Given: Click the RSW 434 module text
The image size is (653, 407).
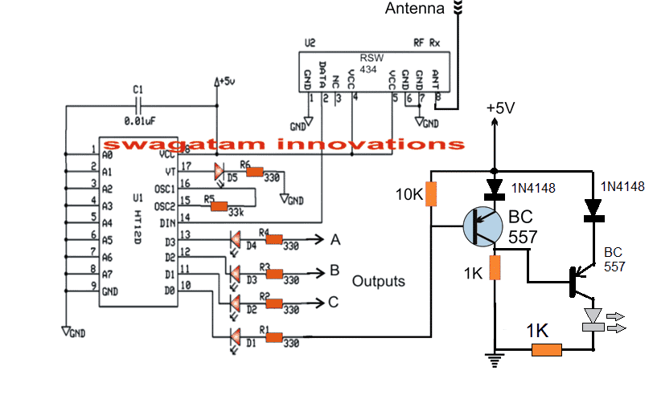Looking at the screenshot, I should coord(372,63).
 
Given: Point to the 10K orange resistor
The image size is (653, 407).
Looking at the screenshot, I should coord(431,193).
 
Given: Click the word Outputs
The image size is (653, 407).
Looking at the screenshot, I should coord(379,282).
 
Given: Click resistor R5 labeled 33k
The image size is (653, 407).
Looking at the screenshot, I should coord(218,207).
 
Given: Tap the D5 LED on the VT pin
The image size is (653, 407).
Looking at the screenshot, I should coord(219,171).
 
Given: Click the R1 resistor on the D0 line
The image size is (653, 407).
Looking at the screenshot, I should coord(275,337).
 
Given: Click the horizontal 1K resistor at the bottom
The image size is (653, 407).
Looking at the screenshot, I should coord(546,349).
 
